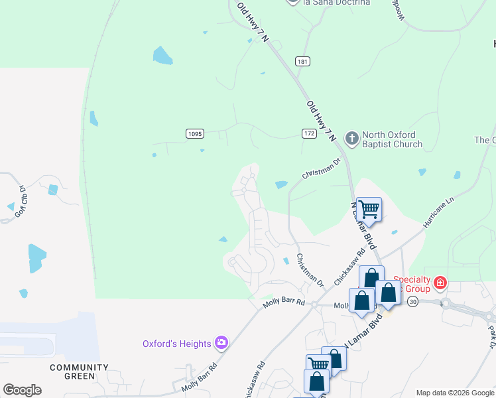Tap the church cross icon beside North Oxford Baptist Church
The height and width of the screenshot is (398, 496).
351,139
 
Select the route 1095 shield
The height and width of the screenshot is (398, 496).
194,134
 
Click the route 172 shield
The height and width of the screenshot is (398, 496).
309,134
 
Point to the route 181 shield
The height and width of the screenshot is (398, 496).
302,62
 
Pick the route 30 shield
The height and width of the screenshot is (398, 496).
413,301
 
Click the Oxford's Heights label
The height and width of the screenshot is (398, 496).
176,344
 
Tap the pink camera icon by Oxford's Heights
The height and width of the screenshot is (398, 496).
221,343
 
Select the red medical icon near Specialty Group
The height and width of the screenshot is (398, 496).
439,285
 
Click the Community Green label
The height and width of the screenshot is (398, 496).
80,371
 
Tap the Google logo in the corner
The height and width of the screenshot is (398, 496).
22,390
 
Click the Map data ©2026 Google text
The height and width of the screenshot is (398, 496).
455,393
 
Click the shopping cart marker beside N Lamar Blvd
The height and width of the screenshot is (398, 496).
369,210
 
